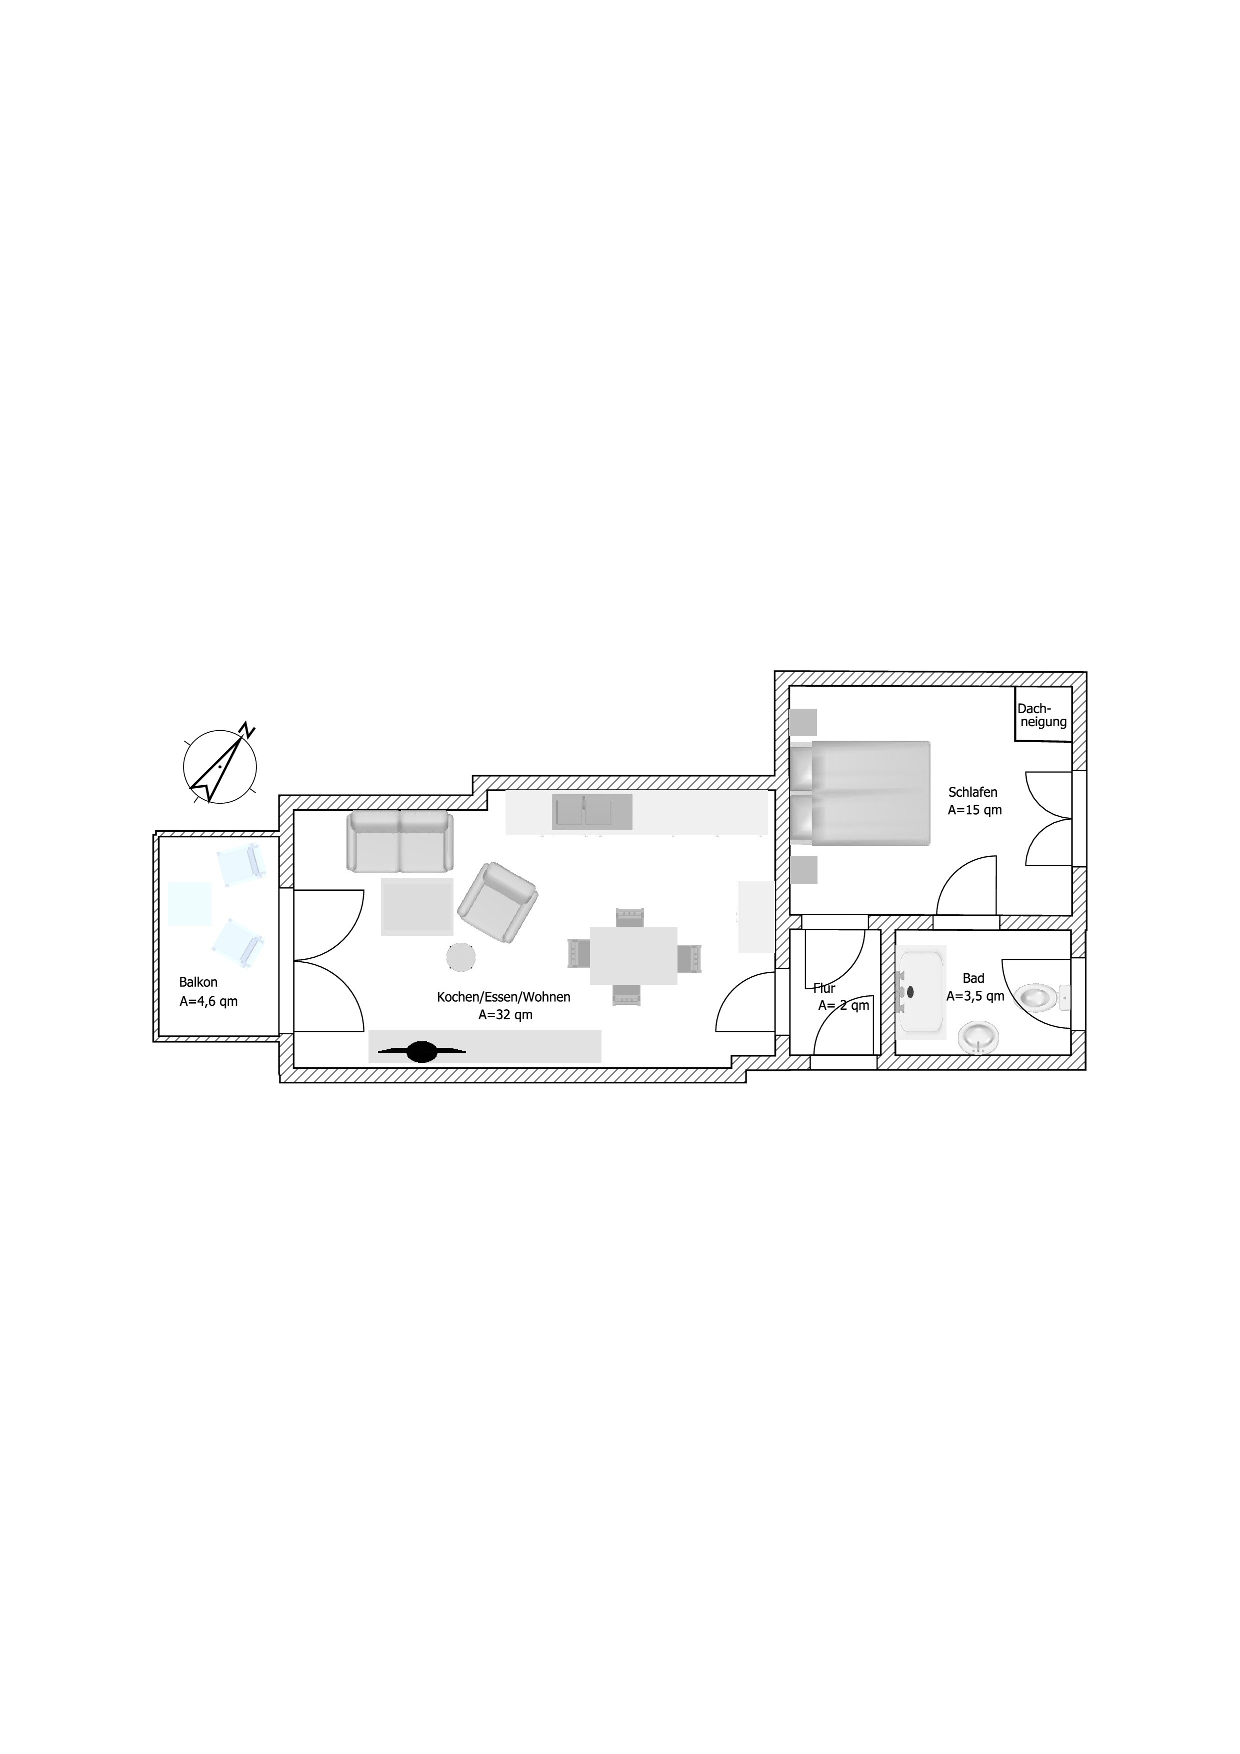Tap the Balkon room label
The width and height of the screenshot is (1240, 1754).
tap(198, 982)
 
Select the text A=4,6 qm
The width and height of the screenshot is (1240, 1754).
tap(208, 1001)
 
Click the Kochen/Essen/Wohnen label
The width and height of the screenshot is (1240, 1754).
tap(504, 997)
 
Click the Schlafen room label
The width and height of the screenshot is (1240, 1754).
tap(973, 792)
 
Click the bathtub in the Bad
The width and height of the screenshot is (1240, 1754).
tap(921, 992)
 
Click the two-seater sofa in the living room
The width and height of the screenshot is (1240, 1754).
tap(400, 841)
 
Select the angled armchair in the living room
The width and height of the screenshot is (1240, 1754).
tap(497, 902)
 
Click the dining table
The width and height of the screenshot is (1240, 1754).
tap(633, 955)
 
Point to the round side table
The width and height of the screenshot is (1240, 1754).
tap(461, 956)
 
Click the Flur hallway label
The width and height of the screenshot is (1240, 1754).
tap(824, 988)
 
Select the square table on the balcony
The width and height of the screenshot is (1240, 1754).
tap(190, 904)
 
